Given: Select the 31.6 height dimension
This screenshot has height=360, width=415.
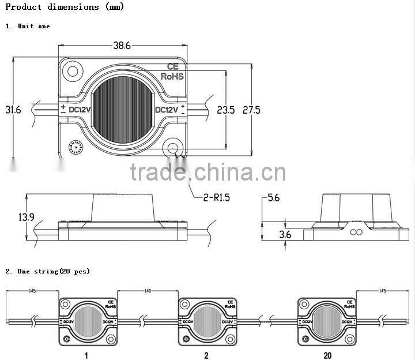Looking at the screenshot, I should (x=13, y=109).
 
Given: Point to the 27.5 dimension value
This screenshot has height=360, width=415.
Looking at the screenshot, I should (x=250, y=110).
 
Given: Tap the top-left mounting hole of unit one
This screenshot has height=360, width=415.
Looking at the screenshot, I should (x=73, y=72).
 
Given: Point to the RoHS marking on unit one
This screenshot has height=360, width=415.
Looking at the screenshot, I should (x=172, y=76).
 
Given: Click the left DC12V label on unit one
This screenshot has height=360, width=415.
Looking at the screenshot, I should (x=80, y=110).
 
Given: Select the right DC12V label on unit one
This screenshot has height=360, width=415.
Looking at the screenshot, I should (x=167, y=110).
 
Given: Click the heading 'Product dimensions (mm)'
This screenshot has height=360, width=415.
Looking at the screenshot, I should (x=65, y=7).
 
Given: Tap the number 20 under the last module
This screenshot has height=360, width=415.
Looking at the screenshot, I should (x=327, y=355).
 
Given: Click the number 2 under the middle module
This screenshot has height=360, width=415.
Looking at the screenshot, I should (x=206, y=355).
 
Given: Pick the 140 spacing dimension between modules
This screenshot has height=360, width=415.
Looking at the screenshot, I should (x=148, y=292).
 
